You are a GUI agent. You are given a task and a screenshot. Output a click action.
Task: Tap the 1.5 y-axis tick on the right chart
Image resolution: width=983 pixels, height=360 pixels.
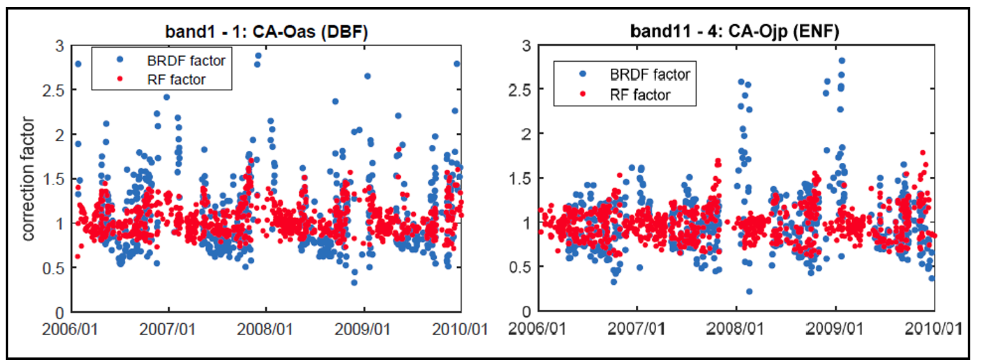(x=520, y=178)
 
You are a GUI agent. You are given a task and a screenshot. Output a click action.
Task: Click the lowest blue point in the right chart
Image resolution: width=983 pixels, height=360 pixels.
(x=749, y=291)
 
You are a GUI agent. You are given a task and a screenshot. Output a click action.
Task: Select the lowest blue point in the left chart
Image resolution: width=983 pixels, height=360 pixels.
(x=354, y=282)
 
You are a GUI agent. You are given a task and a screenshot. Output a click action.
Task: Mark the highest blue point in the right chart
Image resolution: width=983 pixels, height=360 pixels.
(x=841, y=61)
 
